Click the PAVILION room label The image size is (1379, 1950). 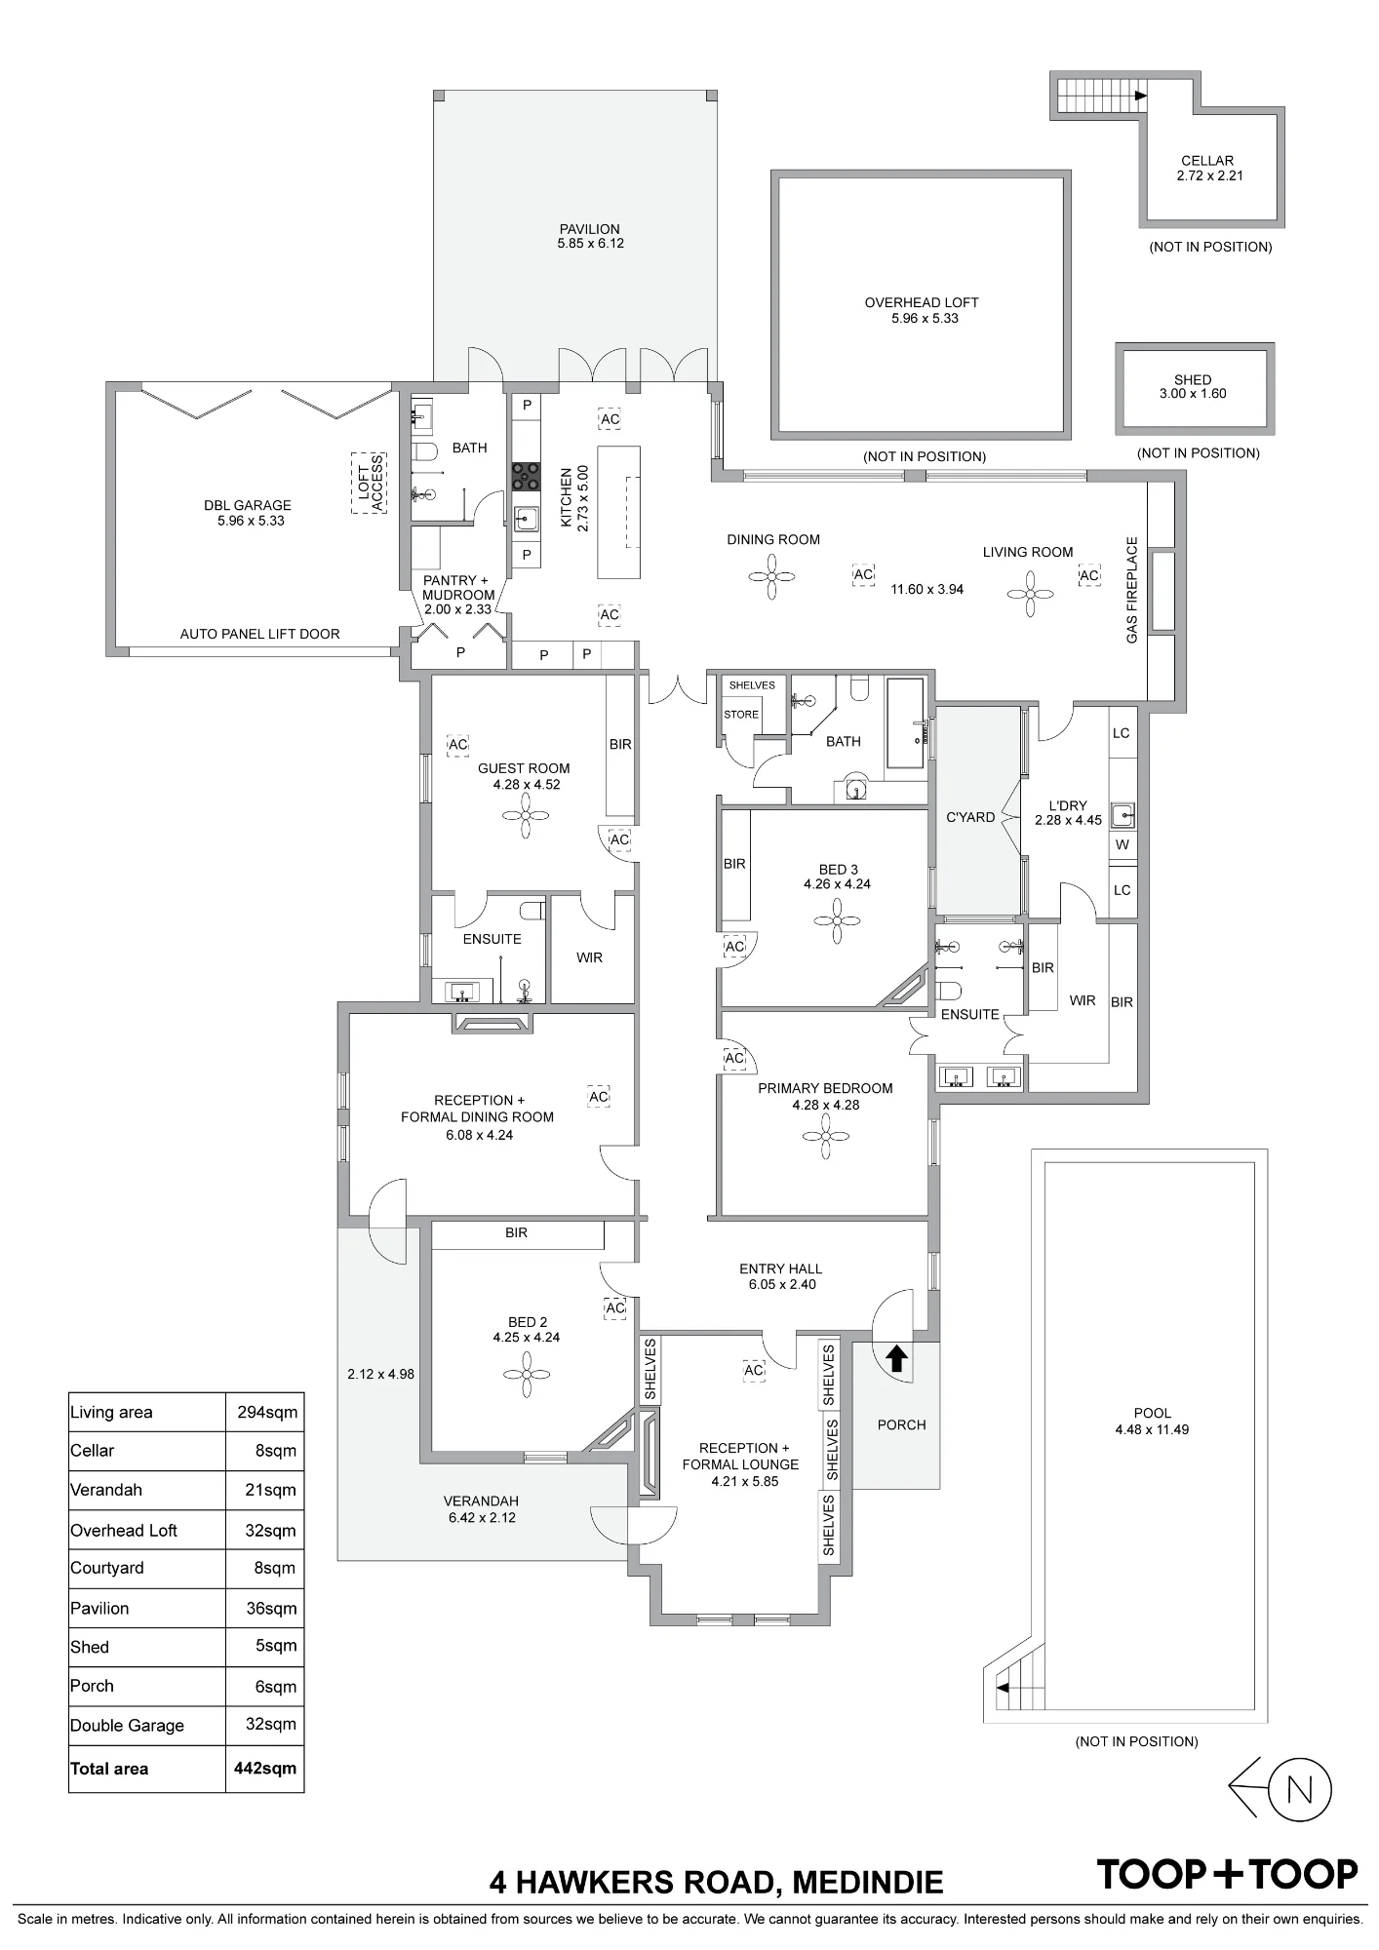(590, 229)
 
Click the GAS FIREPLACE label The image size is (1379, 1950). (1132, 590)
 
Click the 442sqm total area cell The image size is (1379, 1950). (264, 1768)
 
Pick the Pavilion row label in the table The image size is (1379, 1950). (99, 1608)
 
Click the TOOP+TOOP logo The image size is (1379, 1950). (1227, 1874)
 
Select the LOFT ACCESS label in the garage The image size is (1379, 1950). (371, 482)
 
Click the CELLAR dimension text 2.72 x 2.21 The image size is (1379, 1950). (1209, 175)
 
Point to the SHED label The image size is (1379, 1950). (1193, 379)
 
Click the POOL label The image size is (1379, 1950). (1153, 1413)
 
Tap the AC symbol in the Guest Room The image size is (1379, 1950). (457, 745)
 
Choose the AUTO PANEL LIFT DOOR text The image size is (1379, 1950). (259, 634)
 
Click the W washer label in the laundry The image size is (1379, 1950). (1123, 845)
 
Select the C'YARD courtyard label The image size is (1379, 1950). (970, 817)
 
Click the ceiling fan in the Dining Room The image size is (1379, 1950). (771, 576)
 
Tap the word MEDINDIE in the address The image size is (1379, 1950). (868, 1882)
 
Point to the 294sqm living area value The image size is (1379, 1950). (267, 1412)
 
